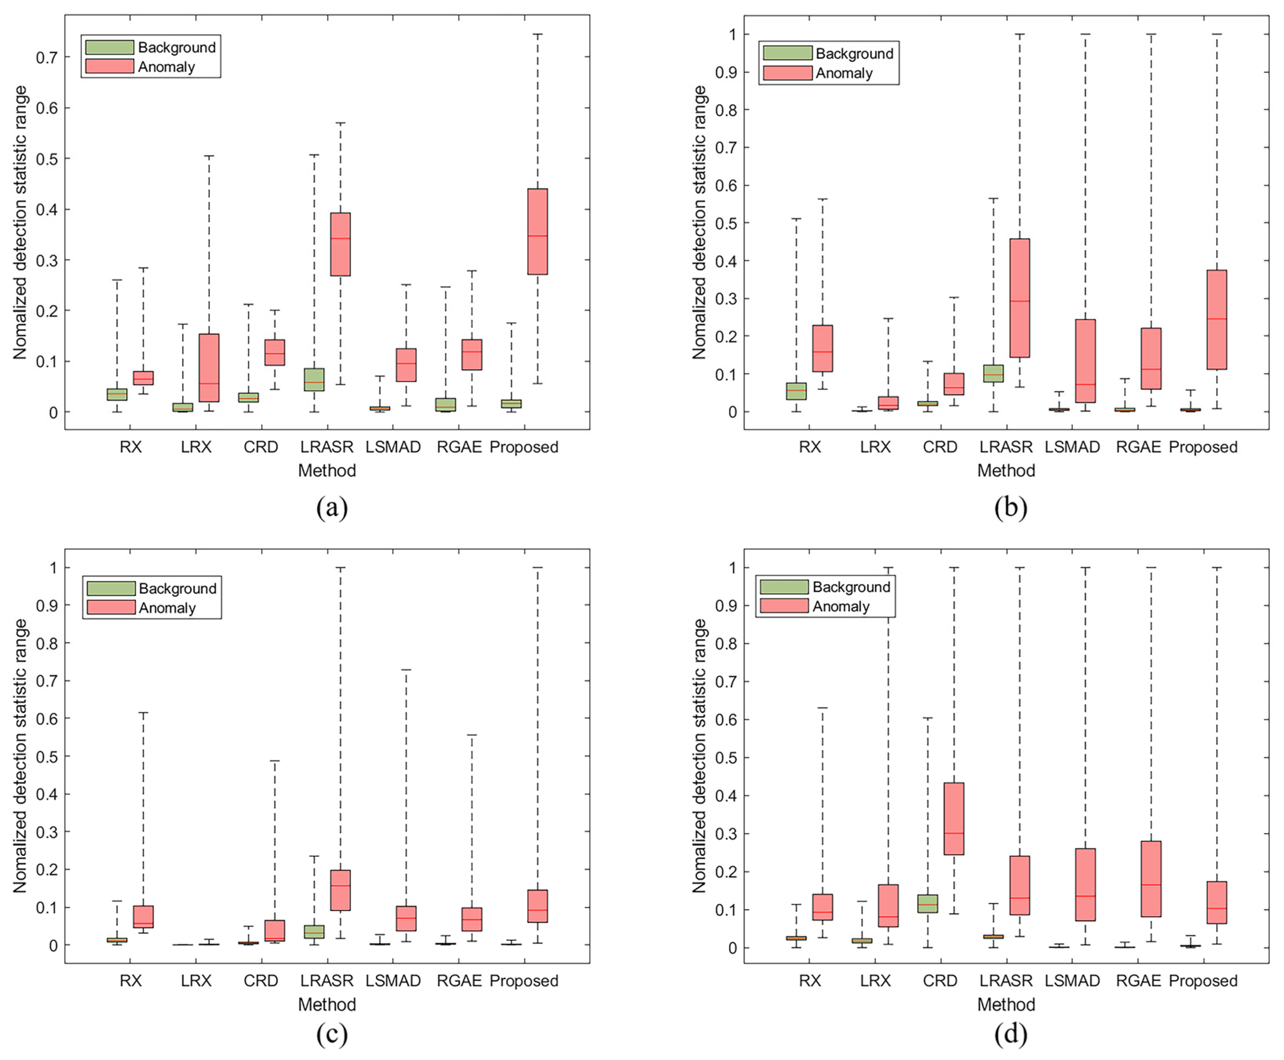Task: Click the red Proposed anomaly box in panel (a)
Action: click(x=537, y=231)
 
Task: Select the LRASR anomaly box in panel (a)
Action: click(x=340, y=244)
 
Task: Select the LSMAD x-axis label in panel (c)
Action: click(x=393, y=981)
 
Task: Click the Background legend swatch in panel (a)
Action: click(x=109, y=47)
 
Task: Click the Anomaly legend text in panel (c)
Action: click(x=167, y=608)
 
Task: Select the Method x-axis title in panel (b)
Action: click(x=1006, y=471)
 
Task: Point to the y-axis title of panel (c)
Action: click(x=20, y=756)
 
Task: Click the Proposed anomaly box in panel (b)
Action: click(x=1216, y=319)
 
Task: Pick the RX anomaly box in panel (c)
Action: click(x=144, y=916)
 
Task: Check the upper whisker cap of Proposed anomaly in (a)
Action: click(x=537, y=35)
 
